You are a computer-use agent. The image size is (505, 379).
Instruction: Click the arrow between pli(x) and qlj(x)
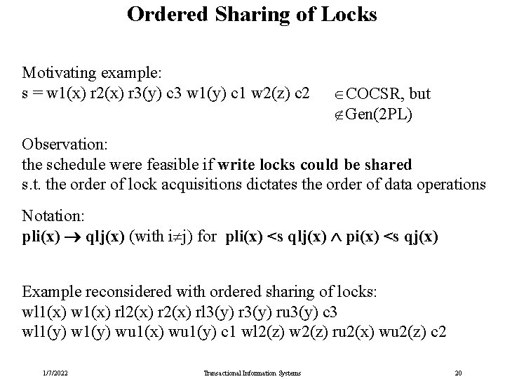pos(72,237)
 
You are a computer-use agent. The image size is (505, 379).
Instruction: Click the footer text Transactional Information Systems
pos(253,372)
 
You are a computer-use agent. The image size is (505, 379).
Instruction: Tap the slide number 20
pos(458,372)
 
